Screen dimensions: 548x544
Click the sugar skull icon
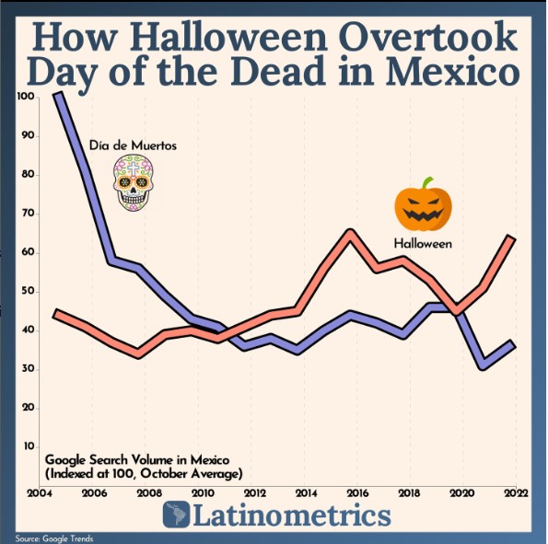click(x=134, y=183)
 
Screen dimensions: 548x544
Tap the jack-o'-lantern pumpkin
click(x=423, y=204)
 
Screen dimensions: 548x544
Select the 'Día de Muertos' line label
click(x=133, y=145)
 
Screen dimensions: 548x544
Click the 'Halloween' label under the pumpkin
click(x=423, y=243)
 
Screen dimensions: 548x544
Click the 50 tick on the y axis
click(x=28, y=291)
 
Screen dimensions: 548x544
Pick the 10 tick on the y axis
click(x=29, y=446)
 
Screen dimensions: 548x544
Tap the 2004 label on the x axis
click(x=40, y=493)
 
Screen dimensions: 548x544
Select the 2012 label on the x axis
click(x=255, y=493)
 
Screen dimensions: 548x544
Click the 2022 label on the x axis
click(x=516, y=493)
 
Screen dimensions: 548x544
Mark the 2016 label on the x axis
click(x=357, y=493)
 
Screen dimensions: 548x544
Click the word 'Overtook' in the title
click(x=427, y=37)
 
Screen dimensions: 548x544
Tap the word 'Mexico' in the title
click(x=452, y=71)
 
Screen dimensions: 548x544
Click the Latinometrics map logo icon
click(x=176, y=515)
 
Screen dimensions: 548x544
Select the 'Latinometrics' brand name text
click(x=292, y=515)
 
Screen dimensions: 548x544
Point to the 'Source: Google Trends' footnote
click(x=54, y=538)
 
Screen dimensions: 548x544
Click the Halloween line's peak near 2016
click(x=350, y=232)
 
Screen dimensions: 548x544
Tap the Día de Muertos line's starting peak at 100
click(x=58, y=95)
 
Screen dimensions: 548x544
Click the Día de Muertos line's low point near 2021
click(x=484, y=365)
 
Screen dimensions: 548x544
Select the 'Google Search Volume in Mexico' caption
click(x=137, y=460)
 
